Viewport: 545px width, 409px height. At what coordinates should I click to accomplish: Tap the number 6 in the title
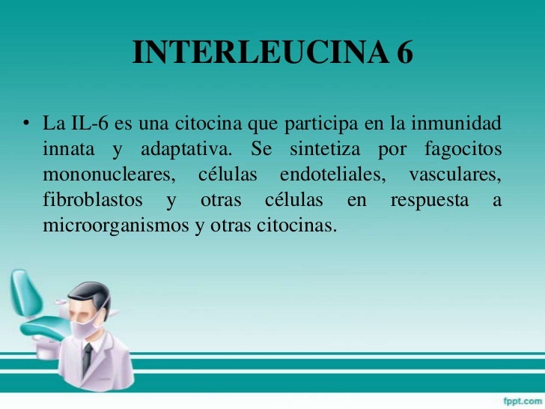pyautogui.click(x=404, y=53)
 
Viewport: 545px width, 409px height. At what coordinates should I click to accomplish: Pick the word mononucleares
pyautogui.click(x=111, y=175)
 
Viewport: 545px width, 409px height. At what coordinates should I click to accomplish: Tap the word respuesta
pyautogui.click(x=428, y=201)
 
